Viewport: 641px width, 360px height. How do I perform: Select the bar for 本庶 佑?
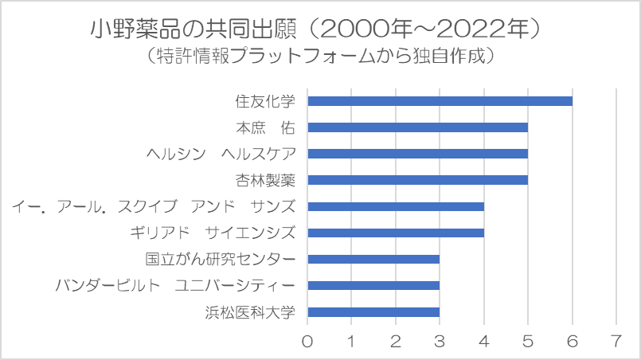coord(417,127)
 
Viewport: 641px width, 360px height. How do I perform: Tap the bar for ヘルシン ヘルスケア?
coord(417,154)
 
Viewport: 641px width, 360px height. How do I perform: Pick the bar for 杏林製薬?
coord(417,180)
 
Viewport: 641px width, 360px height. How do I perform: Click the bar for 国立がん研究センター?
coord(373,259)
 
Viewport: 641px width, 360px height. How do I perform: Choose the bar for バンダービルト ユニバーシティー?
coord(373,285)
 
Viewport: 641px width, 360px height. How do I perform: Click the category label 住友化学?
coord(265,101)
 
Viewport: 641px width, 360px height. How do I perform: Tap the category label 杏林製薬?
coord(265,180)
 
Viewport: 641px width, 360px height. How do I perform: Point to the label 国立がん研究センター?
coord(221,259)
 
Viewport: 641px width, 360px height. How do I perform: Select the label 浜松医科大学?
coord(250,312)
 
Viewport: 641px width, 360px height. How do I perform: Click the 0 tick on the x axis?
coord(308,340)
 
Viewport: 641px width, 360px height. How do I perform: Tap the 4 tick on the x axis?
coord(484,340)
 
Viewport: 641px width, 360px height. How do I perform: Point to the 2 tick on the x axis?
coord(396,340)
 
